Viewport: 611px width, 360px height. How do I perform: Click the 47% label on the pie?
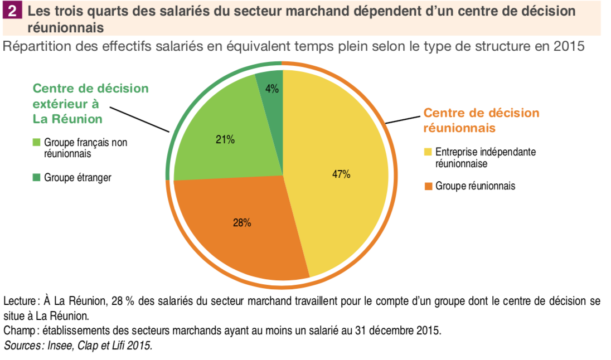click(x=341, y=174)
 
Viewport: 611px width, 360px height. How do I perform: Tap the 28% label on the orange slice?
click(x=242, y=223)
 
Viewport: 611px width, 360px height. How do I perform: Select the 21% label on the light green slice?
click(x=225, y=140)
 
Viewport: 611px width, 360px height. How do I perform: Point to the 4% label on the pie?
click(x=272, y=89)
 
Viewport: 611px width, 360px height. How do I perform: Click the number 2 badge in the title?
click(x=12, y=11)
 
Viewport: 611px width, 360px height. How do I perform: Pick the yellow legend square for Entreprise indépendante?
click(x=428, y=152)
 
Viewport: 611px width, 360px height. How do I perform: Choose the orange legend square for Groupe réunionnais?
click(x=428, y=186)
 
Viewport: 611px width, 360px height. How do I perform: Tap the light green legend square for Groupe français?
click(x=37, y=143)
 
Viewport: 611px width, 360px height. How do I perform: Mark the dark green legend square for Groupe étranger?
click(x=37, y=177)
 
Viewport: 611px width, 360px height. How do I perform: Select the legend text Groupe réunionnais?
click(x=475, y=186)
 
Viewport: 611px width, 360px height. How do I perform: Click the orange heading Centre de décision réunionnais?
click(x=481, y=120)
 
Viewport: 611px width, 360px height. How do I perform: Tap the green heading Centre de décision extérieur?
click(x=90, y=104)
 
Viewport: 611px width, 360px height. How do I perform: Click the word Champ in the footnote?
click(x=19, y=330)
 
